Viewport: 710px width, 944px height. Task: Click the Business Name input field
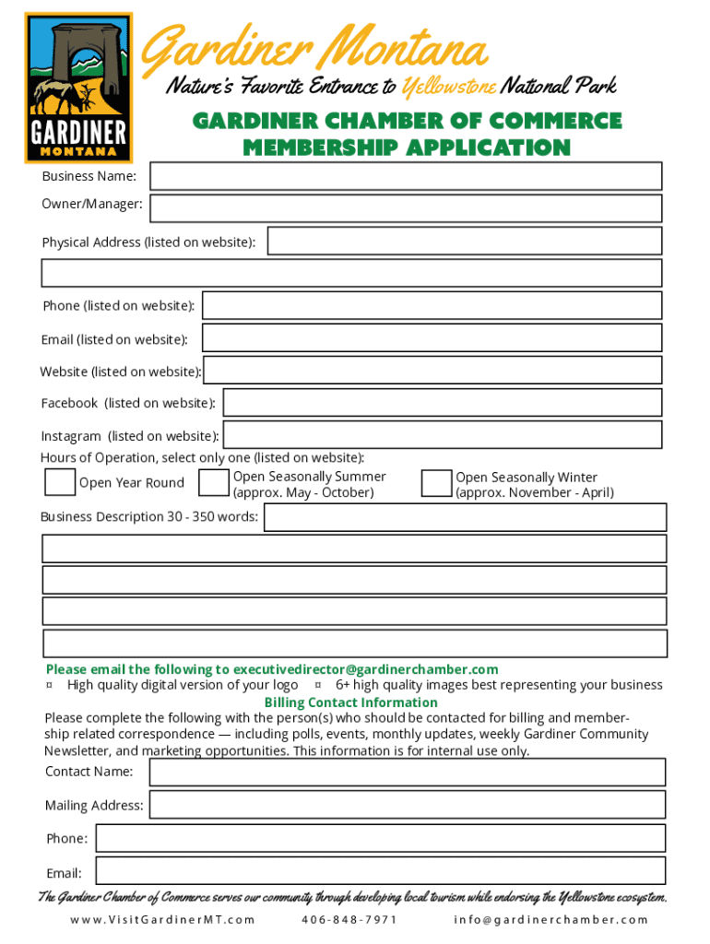click(x=406, y=176)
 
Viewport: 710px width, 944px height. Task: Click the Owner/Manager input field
click(x=406, y=207)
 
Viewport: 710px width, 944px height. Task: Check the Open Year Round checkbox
click(x=60, y=482)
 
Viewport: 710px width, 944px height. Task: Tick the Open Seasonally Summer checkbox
click(x=214, y=483)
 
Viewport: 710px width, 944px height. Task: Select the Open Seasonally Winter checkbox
click(x=436, y=484)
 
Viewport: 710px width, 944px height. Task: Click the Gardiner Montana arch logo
click(x=78, y=88)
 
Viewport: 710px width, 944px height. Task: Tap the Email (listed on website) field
click(x=432, y=337)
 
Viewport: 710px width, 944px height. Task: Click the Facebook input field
click(x=442, y=402)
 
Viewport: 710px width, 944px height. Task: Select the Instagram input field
click(x=443, y=434)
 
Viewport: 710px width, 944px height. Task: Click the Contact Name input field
click(x=407, y=772)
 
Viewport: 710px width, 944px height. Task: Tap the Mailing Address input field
click(x=407, y=805)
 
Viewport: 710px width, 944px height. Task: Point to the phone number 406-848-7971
click(x=349, y=919)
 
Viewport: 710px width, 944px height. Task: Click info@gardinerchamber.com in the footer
click(x=551, y=919)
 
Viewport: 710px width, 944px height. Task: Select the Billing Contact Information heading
click(x=350, y=702)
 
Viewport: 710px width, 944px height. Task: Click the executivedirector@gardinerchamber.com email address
click(x=365, y=669)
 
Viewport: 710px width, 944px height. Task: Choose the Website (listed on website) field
click(x=432, y=370)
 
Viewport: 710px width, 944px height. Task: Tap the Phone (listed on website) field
click(x=432, y=305)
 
